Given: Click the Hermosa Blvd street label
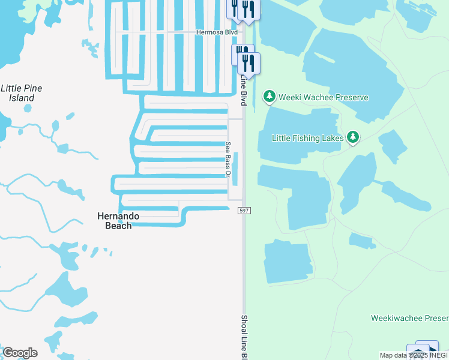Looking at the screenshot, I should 217,32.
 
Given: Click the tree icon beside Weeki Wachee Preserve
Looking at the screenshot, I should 270,96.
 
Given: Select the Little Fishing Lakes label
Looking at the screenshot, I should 308,138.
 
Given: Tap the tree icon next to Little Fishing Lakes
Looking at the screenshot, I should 353,138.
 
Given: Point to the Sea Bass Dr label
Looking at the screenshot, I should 228,159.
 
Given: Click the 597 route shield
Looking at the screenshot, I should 244,211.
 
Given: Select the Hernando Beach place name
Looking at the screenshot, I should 118,221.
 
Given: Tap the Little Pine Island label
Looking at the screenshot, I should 21,93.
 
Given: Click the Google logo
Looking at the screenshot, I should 20,352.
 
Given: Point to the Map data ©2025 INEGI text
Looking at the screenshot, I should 414,355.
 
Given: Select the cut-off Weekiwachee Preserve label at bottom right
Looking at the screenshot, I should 409,317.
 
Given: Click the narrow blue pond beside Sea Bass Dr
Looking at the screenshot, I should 236,169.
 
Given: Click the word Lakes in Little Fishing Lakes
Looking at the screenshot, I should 331,138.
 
